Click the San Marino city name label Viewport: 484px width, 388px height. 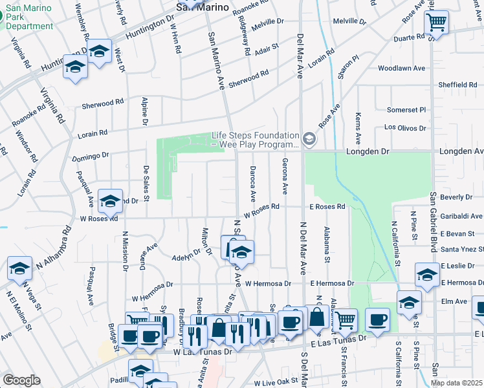[203, 7]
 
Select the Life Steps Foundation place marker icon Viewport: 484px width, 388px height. [309, 139]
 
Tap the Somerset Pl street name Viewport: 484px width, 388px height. [406, 110]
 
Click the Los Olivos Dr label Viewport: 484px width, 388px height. [405, 127]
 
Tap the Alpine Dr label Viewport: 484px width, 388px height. [145, 111]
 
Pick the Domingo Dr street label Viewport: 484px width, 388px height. [91, 156]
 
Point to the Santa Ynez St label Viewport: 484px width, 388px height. [462, 249]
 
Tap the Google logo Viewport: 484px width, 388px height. [22, 380]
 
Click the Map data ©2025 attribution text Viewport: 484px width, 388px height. [456, 383]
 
